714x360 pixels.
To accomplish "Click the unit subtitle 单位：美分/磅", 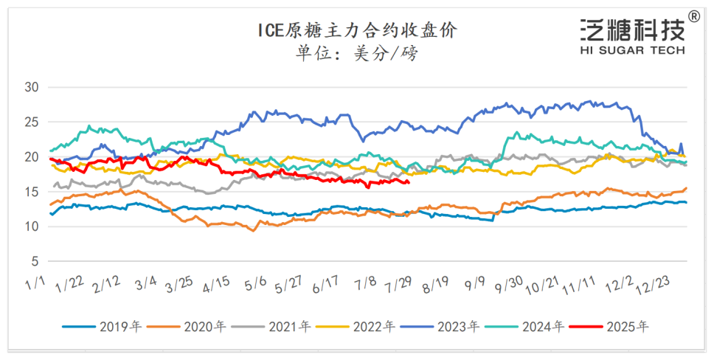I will point(357,53).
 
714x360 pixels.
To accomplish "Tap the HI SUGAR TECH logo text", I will point(633,50).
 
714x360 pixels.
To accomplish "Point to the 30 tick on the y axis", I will point(32,87).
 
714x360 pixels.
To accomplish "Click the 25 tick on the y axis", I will point(32,122).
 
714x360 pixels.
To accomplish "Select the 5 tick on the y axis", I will point(35,261).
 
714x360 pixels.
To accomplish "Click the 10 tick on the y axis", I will point(32,226).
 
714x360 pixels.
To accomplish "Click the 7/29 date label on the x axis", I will point(399,285).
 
